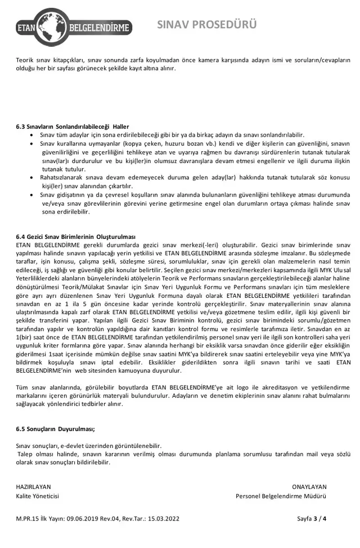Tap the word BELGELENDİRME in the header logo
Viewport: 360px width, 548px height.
[99, 27]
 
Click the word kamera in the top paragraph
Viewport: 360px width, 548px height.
[201, 60]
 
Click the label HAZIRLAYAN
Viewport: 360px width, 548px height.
[33, 487]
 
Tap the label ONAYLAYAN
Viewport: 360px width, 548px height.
[309, 487]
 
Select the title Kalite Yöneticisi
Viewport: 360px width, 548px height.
[37, 496]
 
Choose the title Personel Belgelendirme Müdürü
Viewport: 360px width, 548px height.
[281, 496]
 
